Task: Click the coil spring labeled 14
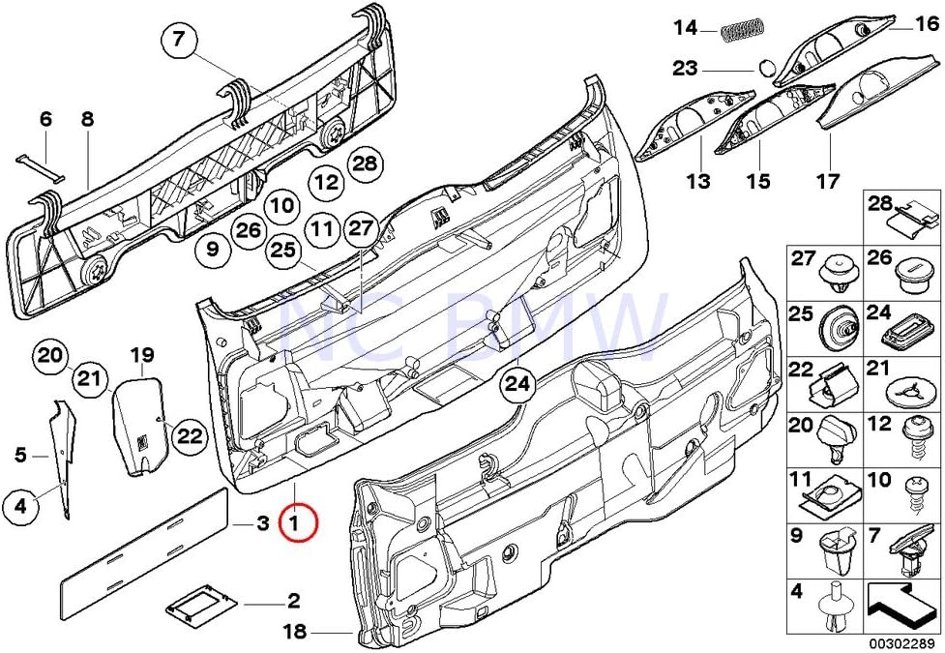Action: (742, 29)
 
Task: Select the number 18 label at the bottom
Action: (295, 633)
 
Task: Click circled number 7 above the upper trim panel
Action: (179, 41)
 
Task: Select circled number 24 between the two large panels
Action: (518, 385)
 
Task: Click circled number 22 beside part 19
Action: (191, 437)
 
